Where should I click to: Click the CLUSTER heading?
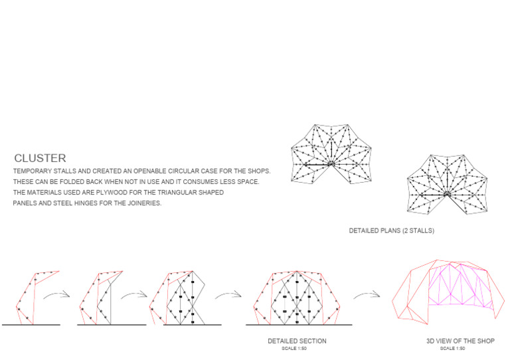click(40, 158)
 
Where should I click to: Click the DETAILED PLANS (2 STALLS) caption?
click(392, 231)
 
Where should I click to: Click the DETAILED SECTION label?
click(297, 341)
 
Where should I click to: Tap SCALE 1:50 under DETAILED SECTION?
click(297, 348)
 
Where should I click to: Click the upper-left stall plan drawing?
click(331, 154)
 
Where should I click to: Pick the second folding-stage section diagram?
click(100, 297)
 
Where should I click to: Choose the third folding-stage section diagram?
click(179, 297)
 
